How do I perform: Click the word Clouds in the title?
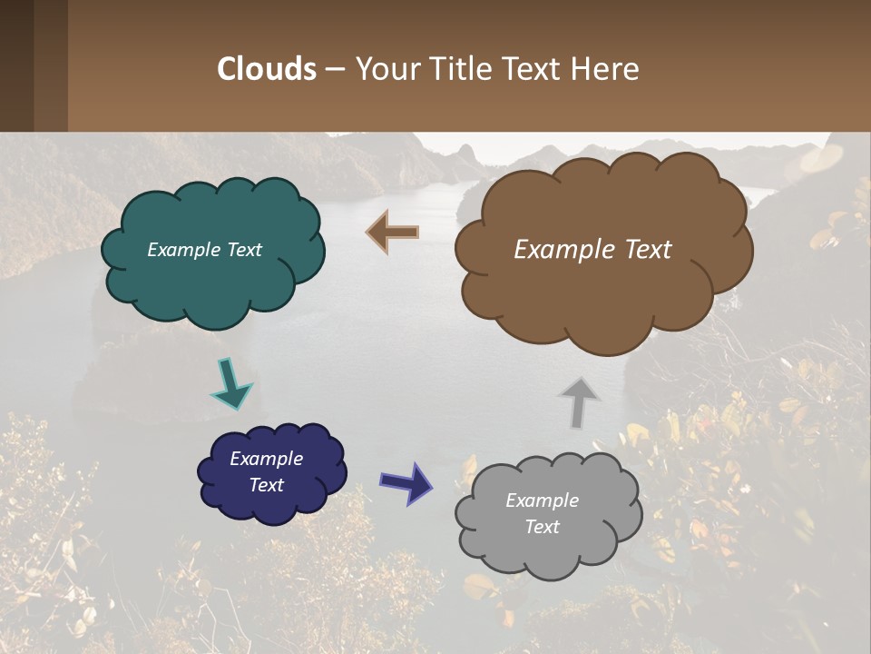pyautogui.click(x=267, y=68)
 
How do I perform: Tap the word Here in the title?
pyautogui.click(x=605, y=68)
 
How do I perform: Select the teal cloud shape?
pyautogui.click(x=212, y=282)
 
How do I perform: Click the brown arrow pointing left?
pyautogui.click(x=393, y=233)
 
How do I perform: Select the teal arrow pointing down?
pyautogui.click(x=230, y=383)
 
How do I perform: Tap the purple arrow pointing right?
pyautogui.click(x=406, y=482)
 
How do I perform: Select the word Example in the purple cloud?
pyautogui.click(x=266, y=459)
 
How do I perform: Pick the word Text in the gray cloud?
pyautogui.click(x=542, y=527)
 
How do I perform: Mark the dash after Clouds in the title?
pyautogui.click(x=334, y=68)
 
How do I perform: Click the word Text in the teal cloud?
pyautogui.click(x=244, y=250)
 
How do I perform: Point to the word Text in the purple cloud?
pyautogui.click(x=266, y=485)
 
